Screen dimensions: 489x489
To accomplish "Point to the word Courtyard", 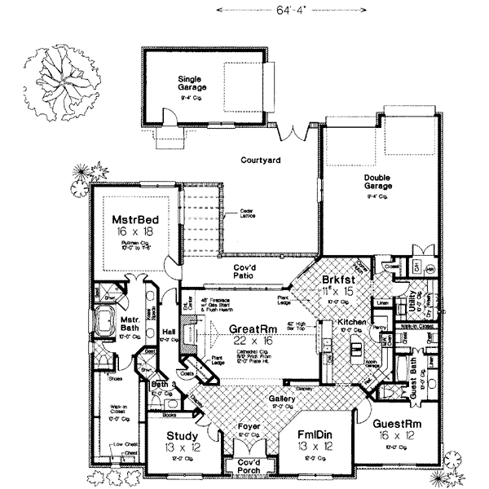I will coord(260,161).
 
